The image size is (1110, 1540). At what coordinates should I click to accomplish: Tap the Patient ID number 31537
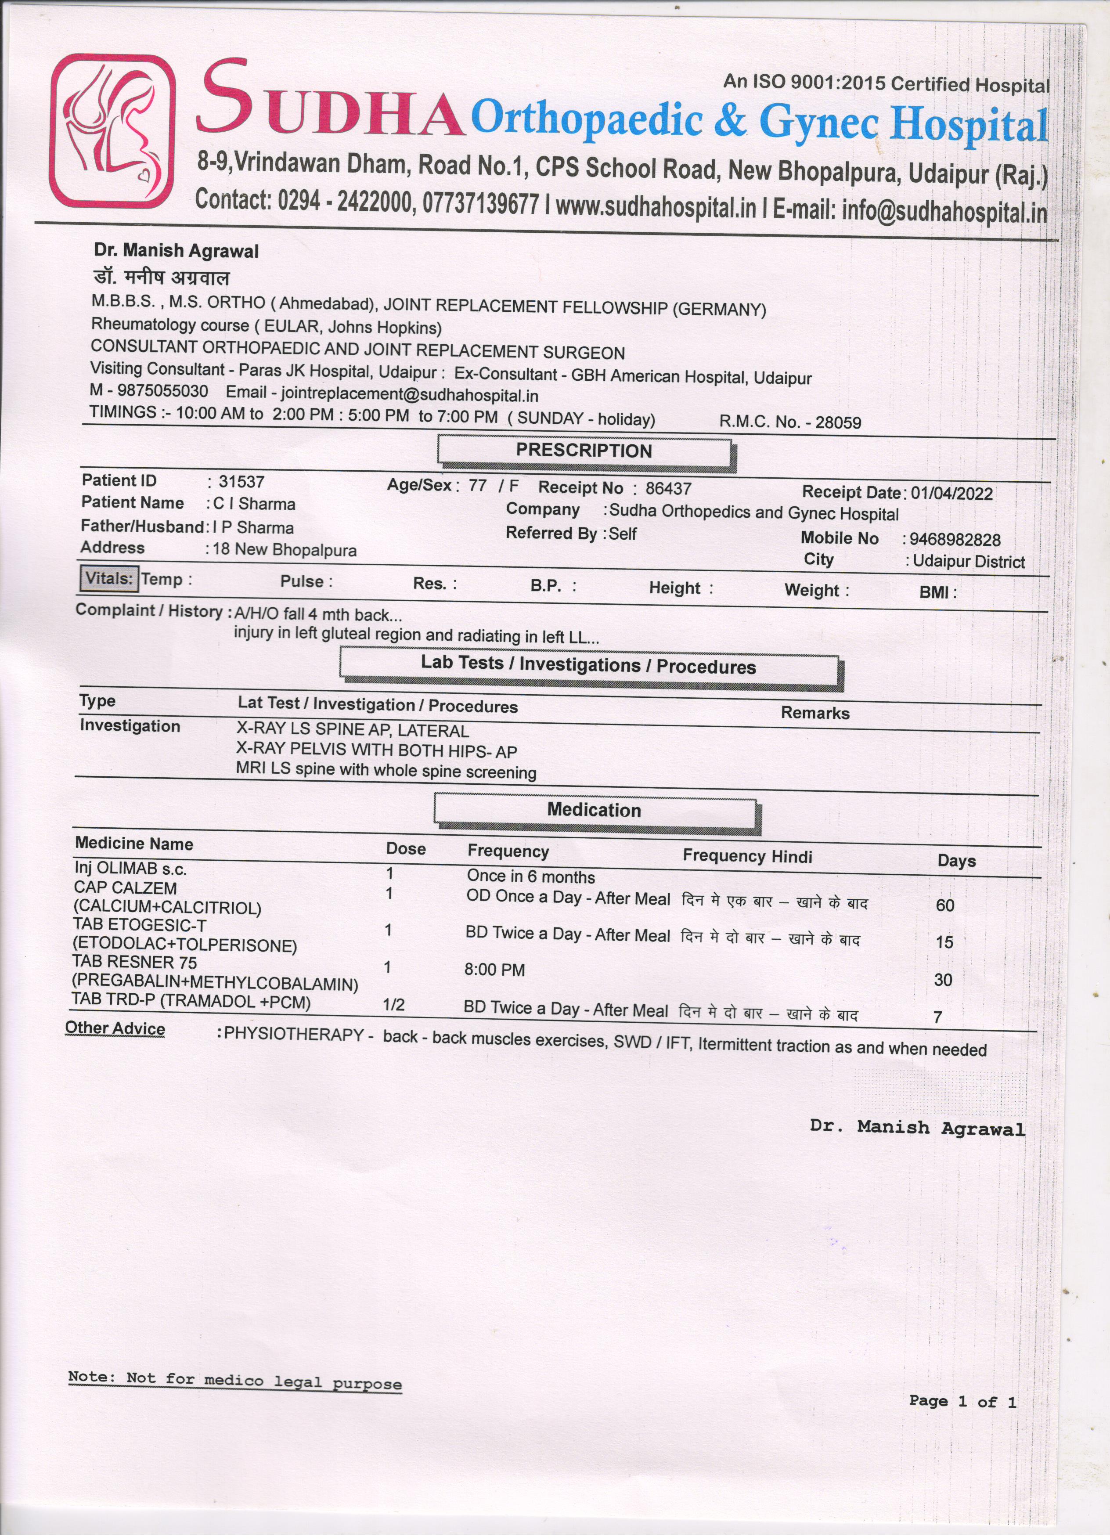[x=241, y=482]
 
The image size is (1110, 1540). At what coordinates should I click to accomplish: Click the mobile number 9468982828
[x=955, y=540]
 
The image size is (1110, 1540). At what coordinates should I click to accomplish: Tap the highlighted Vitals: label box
[x=109, y=578]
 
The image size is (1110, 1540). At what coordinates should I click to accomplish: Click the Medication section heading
[x=594, y=810]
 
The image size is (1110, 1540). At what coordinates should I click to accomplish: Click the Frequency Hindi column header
[x=747, y=856]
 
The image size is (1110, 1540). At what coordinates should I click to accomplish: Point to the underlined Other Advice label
[x=115, y=1029]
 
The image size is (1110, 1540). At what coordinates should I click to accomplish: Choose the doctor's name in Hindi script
[x=162, y=277]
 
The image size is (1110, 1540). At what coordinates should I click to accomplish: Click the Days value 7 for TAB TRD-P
[x=937, y=1017]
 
